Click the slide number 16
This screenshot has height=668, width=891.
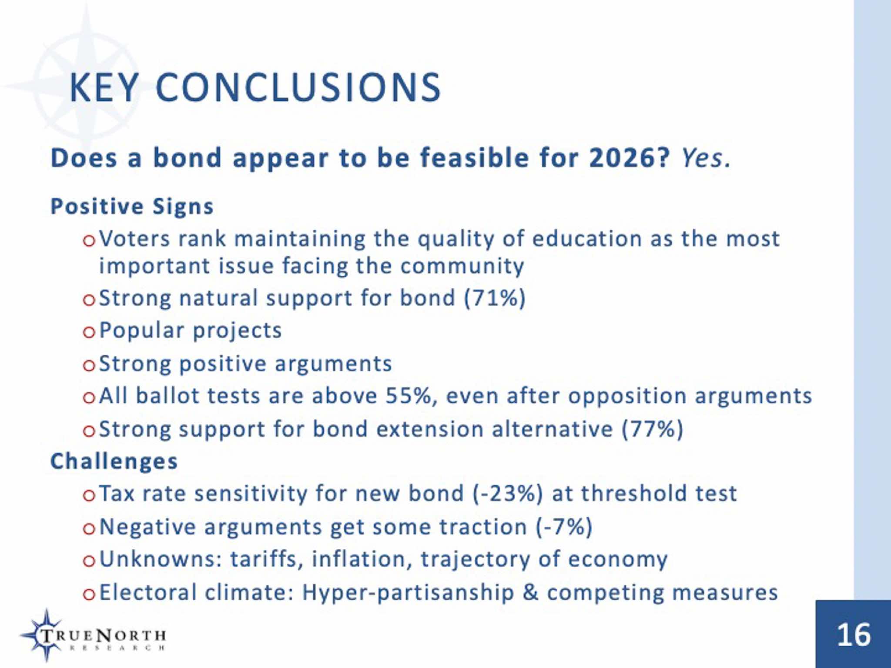pyautogui.click(x=854, y=635)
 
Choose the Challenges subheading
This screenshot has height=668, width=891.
pyautogui.click(x=114, y=461)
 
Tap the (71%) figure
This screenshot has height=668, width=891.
pyautogui.click(x=495, y=298)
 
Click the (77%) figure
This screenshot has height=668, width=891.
pyautogui.click(x=653, y=429)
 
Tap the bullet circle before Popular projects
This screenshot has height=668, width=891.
pyautogui.click(x=89, y=333)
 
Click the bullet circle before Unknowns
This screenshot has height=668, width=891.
pyautogui.click(x=89, y=561)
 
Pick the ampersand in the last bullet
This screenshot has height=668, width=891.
pyautogui.click(x=530, y=592)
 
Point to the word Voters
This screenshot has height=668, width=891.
pyautogui.click(x=134, y=239)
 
